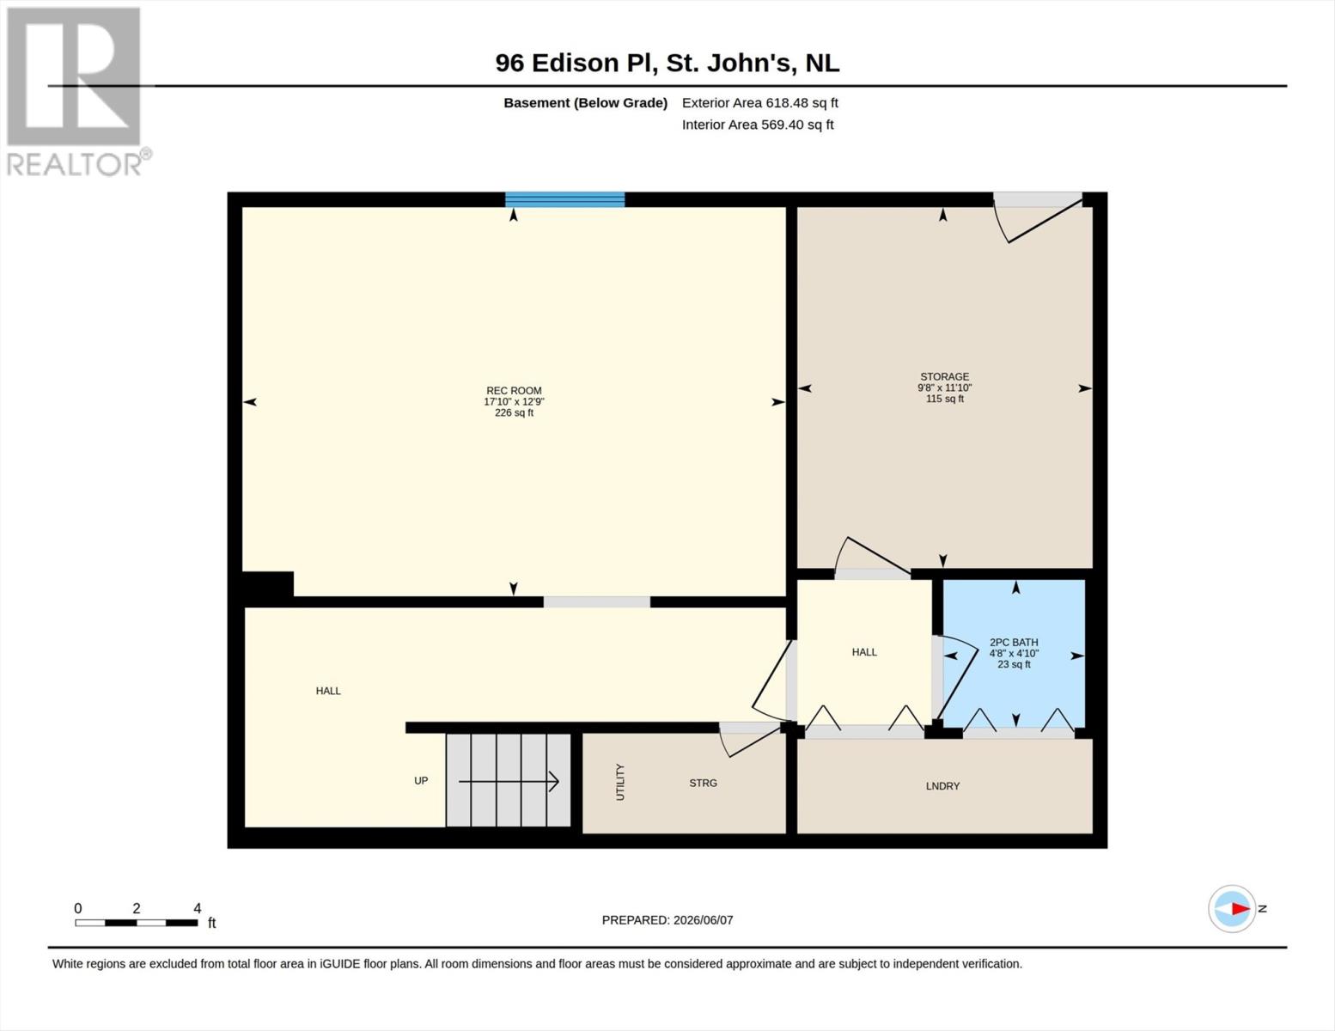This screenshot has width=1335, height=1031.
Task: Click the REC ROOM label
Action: click(514, 390)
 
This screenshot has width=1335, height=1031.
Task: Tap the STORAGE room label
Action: click(944, 376)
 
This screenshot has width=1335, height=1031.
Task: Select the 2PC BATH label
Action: click(1014, 642)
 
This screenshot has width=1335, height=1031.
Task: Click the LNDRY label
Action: click(942, 786)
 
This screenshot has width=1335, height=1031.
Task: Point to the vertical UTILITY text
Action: click(620, 782)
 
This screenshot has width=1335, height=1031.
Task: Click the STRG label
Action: click(703, 783)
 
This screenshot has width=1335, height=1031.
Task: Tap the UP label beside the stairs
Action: click(421, 780)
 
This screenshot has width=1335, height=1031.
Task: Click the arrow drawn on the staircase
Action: click(509, 782)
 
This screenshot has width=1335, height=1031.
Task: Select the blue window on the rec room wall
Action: click(564, 199)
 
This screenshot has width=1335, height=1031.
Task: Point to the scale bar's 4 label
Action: click(198, 908)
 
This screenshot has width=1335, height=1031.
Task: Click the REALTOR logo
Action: click(76, 92)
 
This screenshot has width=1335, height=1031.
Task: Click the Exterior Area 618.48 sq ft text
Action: click(760, 102)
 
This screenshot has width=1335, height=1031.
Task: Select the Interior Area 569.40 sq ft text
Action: click(758, 125)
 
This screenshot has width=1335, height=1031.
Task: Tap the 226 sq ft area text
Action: click(515, 413)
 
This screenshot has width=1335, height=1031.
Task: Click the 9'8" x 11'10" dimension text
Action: click(944, 387)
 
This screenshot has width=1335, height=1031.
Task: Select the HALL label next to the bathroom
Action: click(863, 652)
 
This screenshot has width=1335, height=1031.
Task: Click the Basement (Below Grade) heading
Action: click(586, 102)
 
